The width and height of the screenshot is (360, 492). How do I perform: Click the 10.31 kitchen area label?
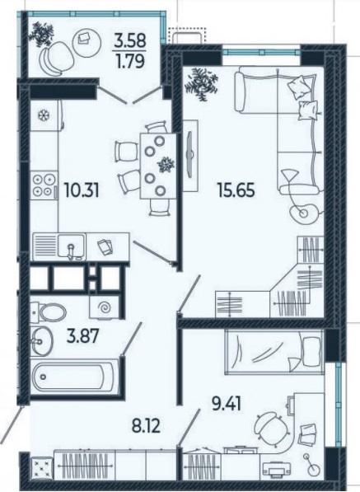[82, 190]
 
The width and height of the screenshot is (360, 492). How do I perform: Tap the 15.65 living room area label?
[236, 190]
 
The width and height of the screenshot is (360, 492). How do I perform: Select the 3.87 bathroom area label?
[82, 335]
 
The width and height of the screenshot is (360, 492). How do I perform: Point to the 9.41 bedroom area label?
[227, 404]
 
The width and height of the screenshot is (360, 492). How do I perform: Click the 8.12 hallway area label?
[145, 426]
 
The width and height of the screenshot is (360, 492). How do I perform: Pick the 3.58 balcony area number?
[130, 40]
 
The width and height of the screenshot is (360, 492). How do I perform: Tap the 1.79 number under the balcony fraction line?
[130, 61]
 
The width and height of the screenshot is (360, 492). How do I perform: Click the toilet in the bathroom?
[49, 312]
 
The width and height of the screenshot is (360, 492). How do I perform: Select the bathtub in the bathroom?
[74, 377]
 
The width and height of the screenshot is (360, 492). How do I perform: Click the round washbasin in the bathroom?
[41, 340]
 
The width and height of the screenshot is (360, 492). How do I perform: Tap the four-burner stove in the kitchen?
[44, 185]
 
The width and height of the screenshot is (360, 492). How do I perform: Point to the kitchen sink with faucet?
[72, 246]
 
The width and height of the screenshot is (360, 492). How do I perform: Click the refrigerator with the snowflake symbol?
[46, 115]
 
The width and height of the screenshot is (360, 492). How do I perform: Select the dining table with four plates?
[158, 166]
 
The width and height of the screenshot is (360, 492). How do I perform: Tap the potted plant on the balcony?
[41, 34]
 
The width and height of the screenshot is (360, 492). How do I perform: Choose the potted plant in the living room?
[201, 83]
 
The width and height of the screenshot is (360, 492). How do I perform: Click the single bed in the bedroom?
[274, 352]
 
